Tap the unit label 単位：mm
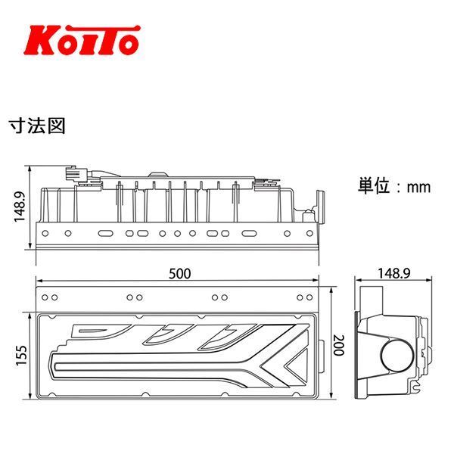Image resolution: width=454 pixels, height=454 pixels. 393,185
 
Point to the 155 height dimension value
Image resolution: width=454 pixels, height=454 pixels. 23,354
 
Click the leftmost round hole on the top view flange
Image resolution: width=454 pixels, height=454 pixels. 47,232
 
